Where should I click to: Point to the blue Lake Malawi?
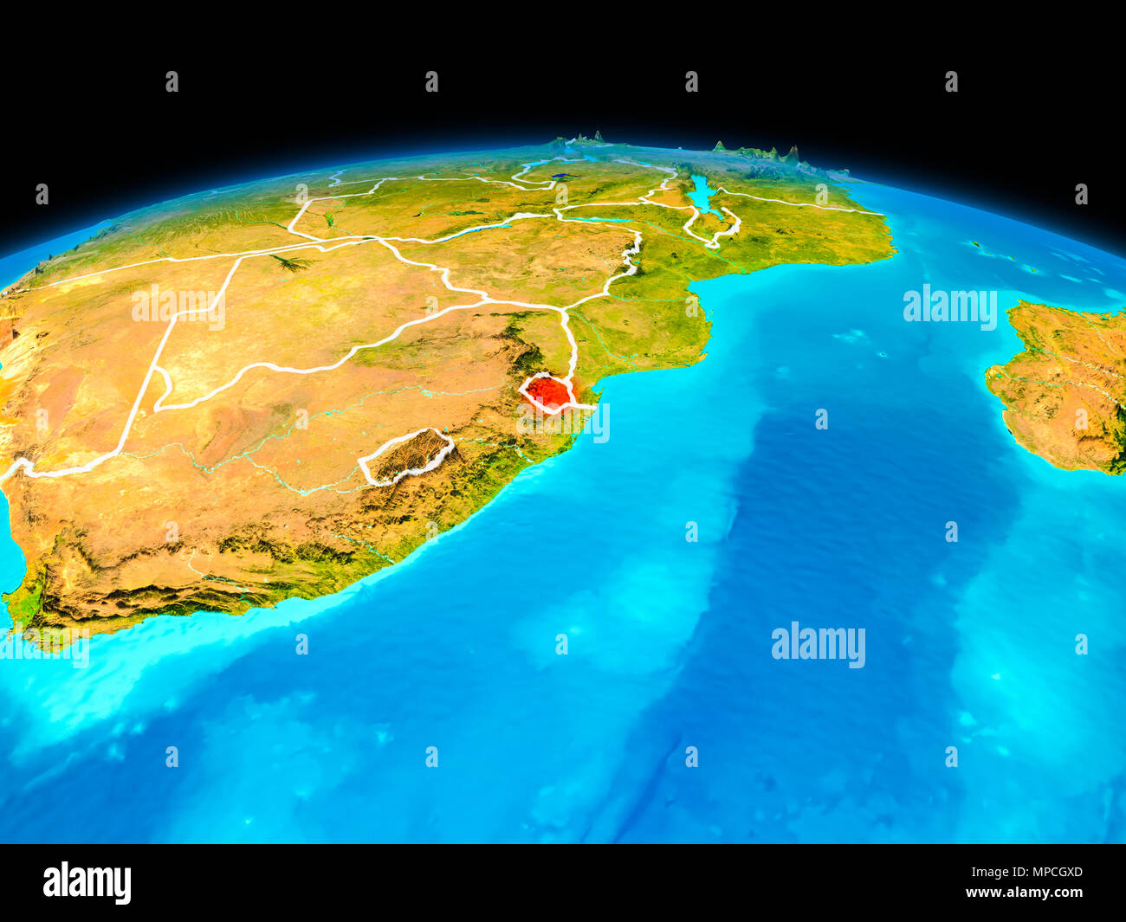point(701,194)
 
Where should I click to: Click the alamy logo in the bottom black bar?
point(87,882)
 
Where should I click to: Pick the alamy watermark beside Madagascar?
point(949,306)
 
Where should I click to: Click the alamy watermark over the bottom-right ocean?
point(818,645)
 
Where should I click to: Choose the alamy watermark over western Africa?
point(178,306)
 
